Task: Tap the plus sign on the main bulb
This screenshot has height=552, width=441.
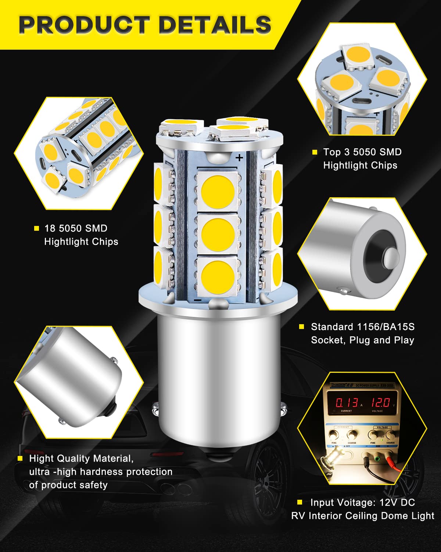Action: (240, 158)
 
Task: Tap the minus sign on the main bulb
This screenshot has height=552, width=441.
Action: (197, 300)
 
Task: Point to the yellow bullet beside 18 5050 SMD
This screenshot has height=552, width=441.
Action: (36, 229)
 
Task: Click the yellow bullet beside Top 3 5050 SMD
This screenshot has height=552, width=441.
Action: (315, 152)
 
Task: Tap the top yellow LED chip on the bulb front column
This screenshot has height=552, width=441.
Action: (218, 191)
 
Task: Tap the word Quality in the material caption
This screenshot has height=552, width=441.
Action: (71, 459)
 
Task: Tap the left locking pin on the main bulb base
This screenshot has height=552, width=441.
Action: (156, 407)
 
